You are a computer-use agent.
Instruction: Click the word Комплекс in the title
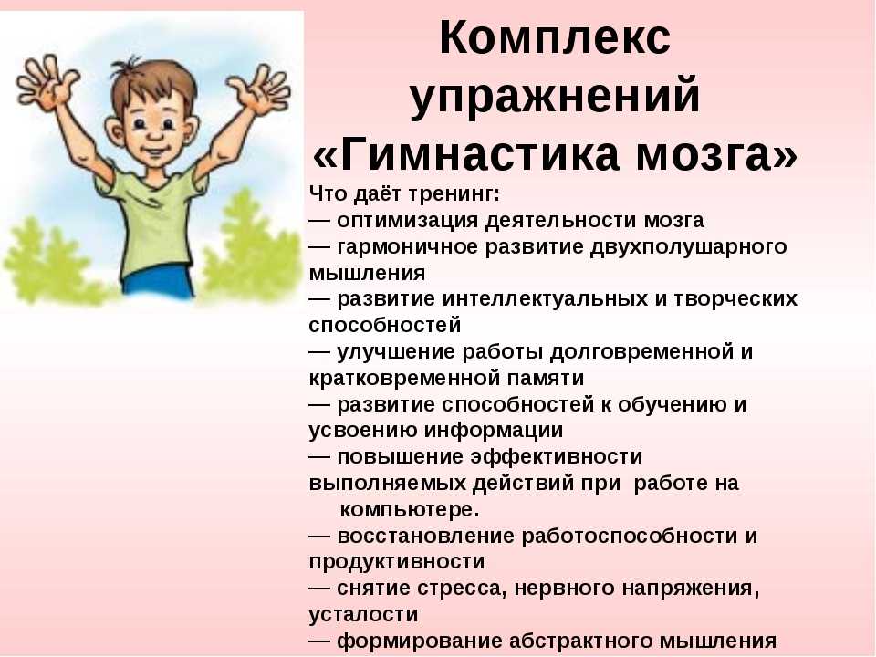pos(555,38)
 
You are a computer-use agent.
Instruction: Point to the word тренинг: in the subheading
pos(454,194)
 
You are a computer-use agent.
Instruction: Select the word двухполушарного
pos(689,247)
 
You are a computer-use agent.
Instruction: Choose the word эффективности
pos(557,457)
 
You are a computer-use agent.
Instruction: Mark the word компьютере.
pos(410,510)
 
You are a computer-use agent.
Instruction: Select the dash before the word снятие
pos(319,589)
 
